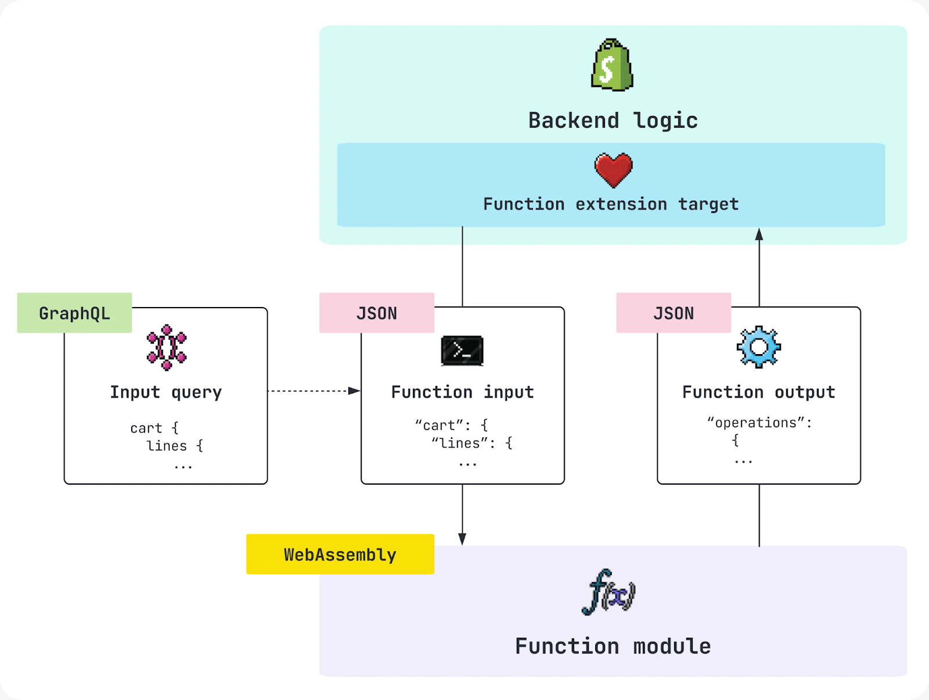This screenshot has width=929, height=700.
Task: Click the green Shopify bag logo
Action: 612,65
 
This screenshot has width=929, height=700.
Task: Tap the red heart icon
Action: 613,170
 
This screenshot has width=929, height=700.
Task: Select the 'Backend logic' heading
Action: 613,121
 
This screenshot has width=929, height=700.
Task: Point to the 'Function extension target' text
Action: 611,204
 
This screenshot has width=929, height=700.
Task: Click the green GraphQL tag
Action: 74,313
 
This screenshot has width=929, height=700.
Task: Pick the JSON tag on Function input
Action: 377,313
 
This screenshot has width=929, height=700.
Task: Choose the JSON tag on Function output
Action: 674,313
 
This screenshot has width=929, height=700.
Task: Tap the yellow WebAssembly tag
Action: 340,555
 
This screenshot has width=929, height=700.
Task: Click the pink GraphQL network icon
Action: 167,347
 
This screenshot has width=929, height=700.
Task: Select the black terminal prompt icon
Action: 462,351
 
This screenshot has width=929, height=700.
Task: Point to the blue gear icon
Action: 758,347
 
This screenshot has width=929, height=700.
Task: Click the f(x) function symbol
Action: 608,592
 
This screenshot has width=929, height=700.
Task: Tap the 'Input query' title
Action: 166,392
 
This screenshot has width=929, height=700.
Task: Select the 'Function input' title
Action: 462,392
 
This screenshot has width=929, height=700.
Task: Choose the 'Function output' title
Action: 758,392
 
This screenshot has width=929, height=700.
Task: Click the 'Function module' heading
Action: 613,647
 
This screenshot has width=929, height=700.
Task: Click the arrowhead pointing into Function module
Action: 462,539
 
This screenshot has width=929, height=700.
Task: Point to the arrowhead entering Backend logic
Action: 759,234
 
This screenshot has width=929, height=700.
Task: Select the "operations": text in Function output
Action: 759,423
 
